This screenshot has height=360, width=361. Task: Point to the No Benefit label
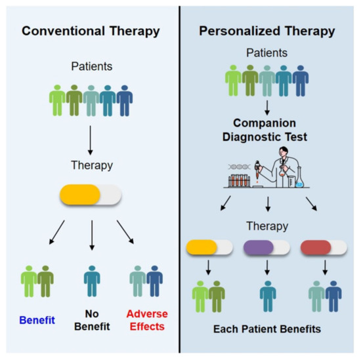point(91,322)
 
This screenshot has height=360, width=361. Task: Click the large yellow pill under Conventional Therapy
point(91,195)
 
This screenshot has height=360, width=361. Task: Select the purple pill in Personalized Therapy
point(266,248)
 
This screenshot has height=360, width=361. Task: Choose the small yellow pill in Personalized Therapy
point(210,248)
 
